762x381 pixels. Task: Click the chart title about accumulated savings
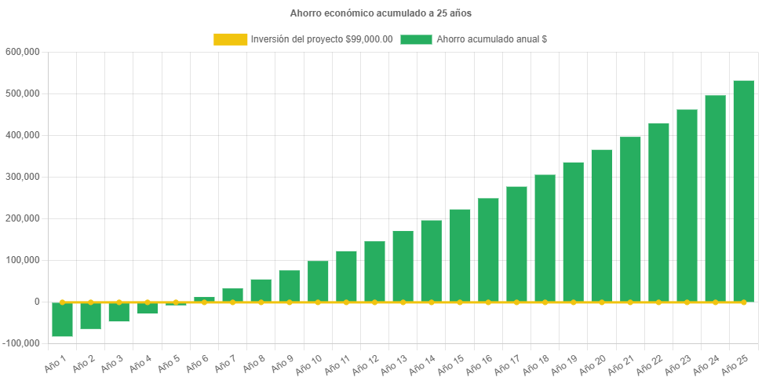(381, 13)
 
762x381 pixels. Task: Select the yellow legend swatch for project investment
(230, 39)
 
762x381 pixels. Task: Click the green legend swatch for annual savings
(416, 39)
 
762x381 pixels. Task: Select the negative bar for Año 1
(63, 320)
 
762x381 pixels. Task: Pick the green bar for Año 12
(374, 271)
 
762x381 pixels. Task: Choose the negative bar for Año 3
(119, 312)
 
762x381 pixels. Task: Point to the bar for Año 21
(630, 219)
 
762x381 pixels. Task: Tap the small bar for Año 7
(232, 295)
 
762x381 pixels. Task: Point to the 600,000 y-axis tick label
(22, 52)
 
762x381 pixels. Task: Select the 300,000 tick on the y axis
(22, 177)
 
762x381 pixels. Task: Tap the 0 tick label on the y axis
(36, 302)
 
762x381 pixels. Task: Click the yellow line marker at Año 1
(63, 302)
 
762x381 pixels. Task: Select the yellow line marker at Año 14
(432, 302)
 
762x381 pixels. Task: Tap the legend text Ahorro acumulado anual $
(491, 39)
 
